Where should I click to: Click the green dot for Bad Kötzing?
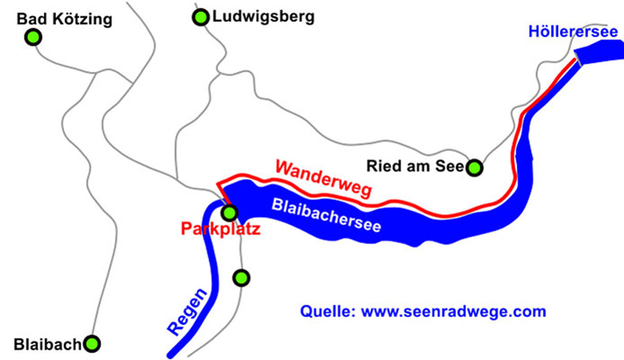[33, 37]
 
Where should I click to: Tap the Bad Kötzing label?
[64, 19]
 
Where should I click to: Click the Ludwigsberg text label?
[263, 17]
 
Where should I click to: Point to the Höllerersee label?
[573, 31]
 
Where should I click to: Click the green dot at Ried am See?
[475, 167]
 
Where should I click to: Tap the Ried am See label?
[416, 167]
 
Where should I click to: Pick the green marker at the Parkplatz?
[230, 213]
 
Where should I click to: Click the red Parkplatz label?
[220, 230]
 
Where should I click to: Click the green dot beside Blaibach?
[92, 343]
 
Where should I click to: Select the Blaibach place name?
[47, 344]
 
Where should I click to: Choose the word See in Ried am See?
[451, 167]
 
